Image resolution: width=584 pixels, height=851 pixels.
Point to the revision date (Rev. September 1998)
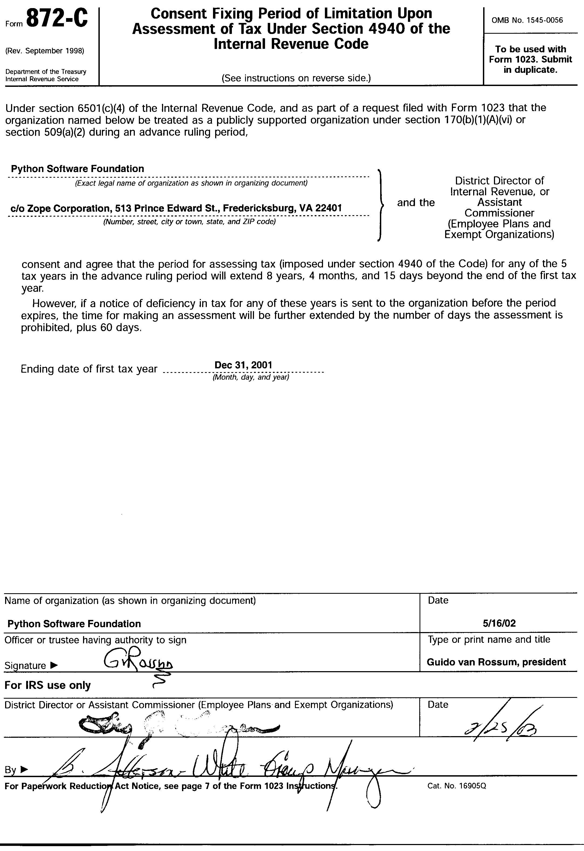(x=45, y=51)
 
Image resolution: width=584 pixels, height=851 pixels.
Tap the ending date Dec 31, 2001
(x=243, y=365)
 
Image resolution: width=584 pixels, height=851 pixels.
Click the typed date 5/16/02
(x=499, y=623)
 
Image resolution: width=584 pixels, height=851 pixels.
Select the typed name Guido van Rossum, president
(x=496, y=662)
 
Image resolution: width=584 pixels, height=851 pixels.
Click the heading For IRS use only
(x=48, y=685)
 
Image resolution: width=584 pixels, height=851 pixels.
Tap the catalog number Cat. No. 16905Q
(x=456, y=786)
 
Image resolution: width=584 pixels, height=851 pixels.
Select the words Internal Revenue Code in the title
(x=291, y=44)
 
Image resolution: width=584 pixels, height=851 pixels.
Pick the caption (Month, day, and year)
(x=251, y=377)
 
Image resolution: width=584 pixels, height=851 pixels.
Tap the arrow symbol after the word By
(x=24, y=770)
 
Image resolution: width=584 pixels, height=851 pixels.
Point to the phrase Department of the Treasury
(x=46, y=72)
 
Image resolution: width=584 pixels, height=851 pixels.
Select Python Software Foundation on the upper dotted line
(x=77, y=169)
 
